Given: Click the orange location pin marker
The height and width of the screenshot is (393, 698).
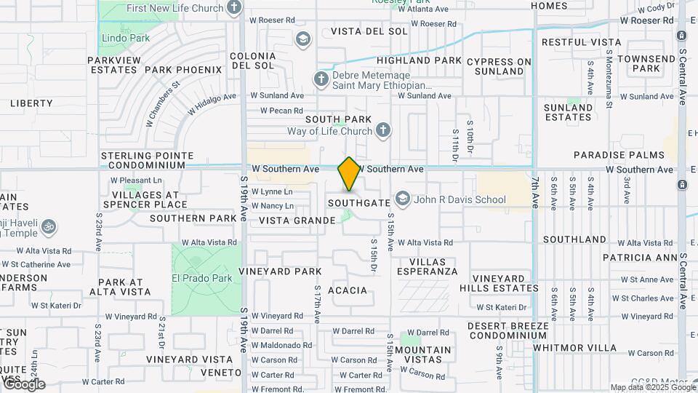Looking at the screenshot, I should pos(349,174).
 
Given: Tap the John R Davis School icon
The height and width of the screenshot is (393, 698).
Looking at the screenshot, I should pos(402,199).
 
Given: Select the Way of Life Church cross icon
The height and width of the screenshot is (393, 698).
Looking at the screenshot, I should pos(383,131).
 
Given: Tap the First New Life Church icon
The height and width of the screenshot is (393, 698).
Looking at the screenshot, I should pos(234,8).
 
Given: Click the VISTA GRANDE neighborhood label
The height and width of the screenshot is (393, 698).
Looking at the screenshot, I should pos(293,221).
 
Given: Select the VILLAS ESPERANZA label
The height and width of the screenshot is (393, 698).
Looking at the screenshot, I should pos(428,266).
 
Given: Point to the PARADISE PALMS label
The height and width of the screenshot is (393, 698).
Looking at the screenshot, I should pos(619,155).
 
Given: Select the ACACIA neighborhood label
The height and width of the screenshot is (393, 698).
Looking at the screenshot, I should pos(348,290).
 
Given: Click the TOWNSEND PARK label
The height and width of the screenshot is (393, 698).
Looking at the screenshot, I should pos(646,63).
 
